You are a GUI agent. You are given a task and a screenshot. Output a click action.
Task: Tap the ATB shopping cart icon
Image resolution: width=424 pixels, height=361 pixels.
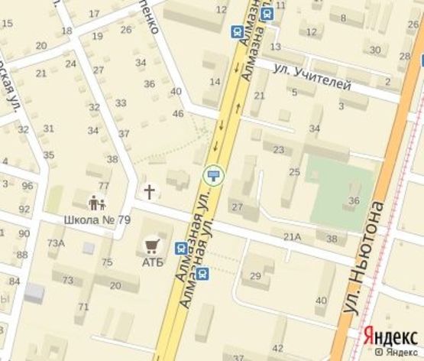click(x=151, y=245)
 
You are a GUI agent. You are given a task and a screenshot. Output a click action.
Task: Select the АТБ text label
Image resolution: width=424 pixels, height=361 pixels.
click(x=152, y=263)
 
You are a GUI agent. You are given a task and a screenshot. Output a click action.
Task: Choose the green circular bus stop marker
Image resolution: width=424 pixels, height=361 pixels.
click(x=214, y=175)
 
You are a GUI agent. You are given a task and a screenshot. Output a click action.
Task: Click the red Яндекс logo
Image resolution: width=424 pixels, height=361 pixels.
click(x=390, y=335)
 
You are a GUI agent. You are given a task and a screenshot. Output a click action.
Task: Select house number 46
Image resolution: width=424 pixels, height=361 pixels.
click(x=179, y=114)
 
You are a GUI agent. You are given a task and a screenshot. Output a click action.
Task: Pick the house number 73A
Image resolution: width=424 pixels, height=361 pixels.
click(x=56, y=242)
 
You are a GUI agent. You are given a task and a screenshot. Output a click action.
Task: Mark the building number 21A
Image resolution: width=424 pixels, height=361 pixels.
click(x=292, y=237)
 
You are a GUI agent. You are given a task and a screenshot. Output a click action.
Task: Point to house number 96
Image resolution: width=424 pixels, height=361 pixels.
click(x=28, y=186)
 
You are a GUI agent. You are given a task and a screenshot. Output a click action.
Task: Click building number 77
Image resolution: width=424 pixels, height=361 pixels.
click(x=104, y=186)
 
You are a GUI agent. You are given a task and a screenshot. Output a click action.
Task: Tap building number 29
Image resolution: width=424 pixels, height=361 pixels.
click(x=257, y=276)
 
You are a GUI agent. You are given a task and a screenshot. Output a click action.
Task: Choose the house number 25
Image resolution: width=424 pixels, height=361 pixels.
click(x=294, y=172)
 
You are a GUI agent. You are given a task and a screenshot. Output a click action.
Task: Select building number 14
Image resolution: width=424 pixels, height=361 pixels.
click(x=215, y=81)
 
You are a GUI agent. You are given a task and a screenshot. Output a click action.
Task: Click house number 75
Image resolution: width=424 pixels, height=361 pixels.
click(x=107, y=263)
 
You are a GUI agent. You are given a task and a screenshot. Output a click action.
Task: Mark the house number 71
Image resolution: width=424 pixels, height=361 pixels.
click(x=83, y=307)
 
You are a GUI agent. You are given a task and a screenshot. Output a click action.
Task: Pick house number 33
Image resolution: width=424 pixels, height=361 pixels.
click(x=121, y=102)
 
